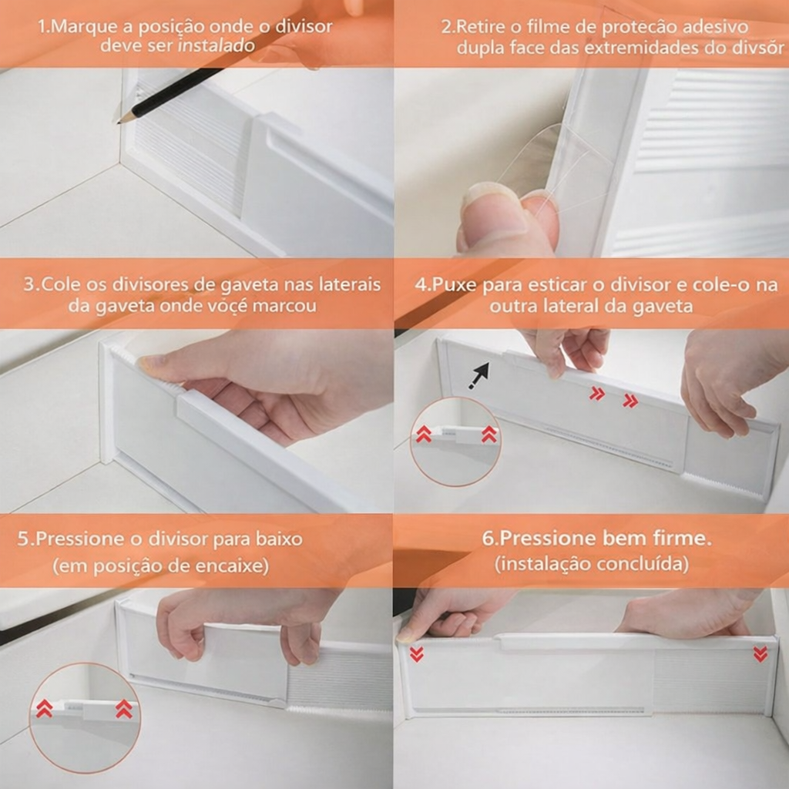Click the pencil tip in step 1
(x=119, y=122)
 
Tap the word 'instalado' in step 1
(x=217, y=45)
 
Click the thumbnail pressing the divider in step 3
(x=152, y=361)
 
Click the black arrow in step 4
(x=478, y=375)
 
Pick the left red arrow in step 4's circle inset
(x=423, y=434)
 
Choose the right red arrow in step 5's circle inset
(x=124, y=709)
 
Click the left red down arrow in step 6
(x=416, y=653)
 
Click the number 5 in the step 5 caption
(x=22, y=539)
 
